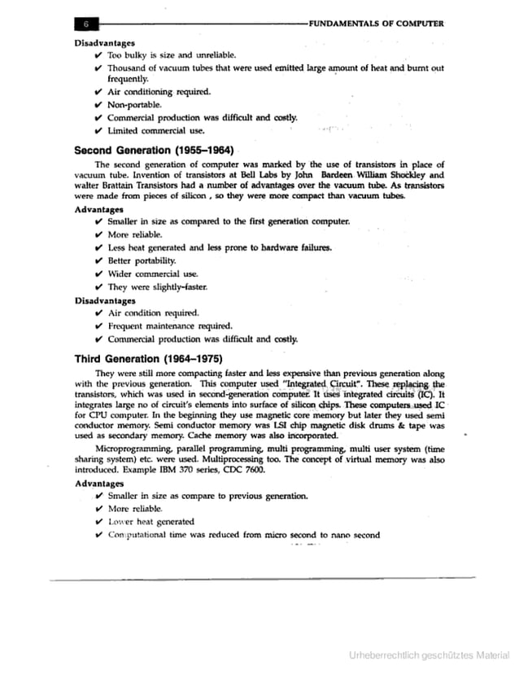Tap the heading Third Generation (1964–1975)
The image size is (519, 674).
coord(148,358)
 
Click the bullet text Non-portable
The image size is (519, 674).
coord(134,105)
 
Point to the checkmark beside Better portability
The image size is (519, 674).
coord(98,260)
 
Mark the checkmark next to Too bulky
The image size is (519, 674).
coord(98,55)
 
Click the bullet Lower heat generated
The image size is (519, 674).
coord(150,521)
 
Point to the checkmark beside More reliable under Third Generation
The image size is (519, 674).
coord(98,509)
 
